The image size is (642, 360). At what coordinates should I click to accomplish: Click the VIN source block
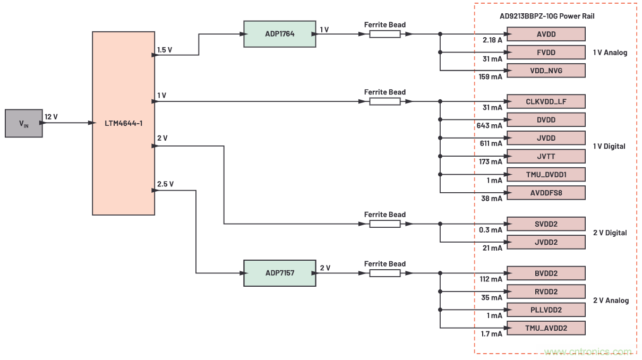24,123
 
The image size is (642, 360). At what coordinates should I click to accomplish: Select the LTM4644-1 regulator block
123,123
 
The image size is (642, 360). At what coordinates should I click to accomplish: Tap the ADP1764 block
279,34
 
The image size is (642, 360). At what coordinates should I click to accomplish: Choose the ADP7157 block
279,273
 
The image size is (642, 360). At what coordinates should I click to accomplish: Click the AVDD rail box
546,35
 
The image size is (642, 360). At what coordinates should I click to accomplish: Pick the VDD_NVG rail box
546,71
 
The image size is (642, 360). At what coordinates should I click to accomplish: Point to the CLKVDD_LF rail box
546,101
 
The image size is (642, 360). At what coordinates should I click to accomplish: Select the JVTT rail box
546,156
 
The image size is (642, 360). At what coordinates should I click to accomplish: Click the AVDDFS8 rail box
546,193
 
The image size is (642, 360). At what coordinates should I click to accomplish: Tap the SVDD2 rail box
546,224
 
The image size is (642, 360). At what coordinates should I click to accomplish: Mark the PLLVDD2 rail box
546,310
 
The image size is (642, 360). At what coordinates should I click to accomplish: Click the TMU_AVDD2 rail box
546,328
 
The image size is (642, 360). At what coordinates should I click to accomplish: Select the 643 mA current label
489,126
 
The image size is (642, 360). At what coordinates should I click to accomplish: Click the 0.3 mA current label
490,230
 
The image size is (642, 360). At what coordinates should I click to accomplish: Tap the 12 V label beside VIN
52,116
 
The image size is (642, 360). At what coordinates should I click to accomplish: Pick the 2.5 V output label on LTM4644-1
165,184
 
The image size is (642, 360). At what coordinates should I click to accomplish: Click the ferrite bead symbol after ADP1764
384,34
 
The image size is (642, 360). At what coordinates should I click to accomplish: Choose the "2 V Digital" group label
610,233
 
